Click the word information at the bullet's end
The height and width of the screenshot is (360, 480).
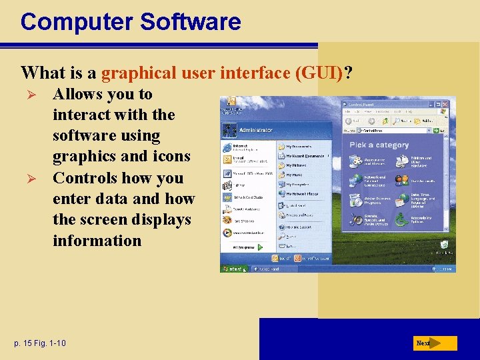[x=97, y=240]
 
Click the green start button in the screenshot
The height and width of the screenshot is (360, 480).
[x=233, y=269]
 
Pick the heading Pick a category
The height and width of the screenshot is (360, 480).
[x=379, y=145]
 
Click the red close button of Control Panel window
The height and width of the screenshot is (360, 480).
[x=451, y=105]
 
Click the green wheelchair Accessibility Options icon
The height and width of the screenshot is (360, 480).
[x=401, y=219]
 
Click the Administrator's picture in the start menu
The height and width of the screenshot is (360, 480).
[x=230, y=129]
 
